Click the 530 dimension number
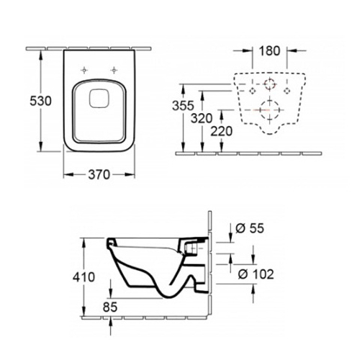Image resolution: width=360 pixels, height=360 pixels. point(40,101)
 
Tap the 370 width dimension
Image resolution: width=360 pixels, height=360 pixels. point(99,174)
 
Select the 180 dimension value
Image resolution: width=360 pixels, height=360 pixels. point(270,50)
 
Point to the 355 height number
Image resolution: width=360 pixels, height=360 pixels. point(183,106)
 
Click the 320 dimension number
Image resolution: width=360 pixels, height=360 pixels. point(202,118)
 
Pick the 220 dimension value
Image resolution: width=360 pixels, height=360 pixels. point(222,131)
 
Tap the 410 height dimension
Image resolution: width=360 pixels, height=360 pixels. point(84,277)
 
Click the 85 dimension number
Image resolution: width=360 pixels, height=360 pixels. point(110,307)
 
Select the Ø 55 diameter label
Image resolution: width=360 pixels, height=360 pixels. point(250,228)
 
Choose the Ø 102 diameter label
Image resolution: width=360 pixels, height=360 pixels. point(256,274)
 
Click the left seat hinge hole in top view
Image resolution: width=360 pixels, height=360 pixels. point(84,70)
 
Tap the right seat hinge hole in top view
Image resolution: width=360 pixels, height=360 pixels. point(114,70)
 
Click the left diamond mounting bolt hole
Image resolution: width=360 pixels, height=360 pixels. point(253,91)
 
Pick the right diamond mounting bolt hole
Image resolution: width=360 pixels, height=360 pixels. point(287,91)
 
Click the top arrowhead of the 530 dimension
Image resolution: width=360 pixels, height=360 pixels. point(41,55)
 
